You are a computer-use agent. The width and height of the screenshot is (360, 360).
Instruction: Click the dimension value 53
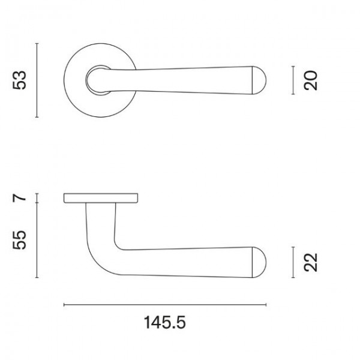tap(20, 80)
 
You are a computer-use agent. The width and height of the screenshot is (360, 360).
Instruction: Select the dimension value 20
tap(310, 80)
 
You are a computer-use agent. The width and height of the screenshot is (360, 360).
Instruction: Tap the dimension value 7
tap(19, 198)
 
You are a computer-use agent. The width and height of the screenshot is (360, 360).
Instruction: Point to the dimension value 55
tap(20, 240)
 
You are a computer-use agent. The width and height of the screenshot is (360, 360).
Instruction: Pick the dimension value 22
tap(310, 262)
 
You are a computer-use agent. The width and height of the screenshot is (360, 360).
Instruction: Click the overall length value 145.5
tap(164, 323)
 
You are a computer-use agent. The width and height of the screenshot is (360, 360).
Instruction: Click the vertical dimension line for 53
tap(37, 80)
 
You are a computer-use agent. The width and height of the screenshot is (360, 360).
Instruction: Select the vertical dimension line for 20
tap(293, 80)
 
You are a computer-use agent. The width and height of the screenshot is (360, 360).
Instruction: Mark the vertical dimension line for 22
tap(293, 262)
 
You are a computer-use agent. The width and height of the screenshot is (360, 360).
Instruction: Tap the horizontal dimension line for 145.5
tap(165, 305)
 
